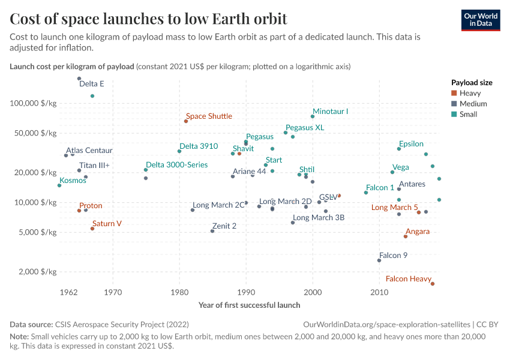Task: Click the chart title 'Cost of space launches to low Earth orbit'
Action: (x=148, y=19)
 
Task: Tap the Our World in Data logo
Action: (x=481, y=20)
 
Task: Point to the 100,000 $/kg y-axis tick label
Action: (x=33, y=103)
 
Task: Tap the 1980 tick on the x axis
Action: (x=179, y=292)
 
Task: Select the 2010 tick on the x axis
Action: (x=379, y=292)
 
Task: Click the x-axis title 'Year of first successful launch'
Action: (x=249, y=305)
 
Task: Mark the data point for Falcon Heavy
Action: (x=432, y=284)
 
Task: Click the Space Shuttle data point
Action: (x=186, y=121)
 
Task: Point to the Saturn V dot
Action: (x=92, y=229)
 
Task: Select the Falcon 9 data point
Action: (x=379, y=260)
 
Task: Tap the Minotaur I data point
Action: (x=313, y=116)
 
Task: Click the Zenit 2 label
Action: (x=224, y=226)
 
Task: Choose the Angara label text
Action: (x=418, y=231)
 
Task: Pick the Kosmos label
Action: (x=73, y=180)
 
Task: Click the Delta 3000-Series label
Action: (x=177, y=164)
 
